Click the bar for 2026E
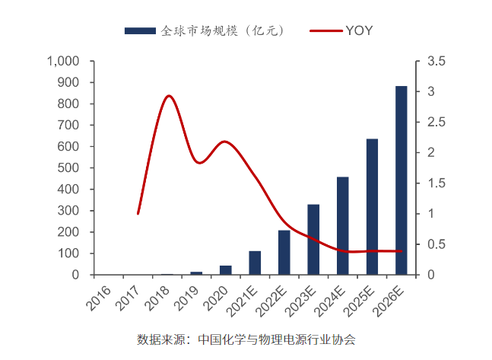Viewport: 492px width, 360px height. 401,180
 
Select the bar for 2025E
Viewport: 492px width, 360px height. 372,206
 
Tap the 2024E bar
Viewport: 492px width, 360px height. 343,225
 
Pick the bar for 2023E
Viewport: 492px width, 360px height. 313,239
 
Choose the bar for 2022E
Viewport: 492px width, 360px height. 284,252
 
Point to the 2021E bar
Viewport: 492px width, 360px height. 255,263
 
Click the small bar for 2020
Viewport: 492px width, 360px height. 226,270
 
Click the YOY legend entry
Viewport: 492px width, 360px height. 342,30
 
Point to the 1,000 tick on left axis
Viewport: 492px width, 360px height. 63,61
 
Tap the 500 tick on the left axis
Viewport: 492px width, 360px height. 71,167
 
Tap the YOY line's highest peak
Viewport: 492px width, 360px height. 169,96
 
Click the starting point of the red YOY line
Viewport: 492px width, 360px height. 138,214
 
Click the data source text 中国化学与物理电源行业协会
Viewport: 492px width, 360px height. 276,339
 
